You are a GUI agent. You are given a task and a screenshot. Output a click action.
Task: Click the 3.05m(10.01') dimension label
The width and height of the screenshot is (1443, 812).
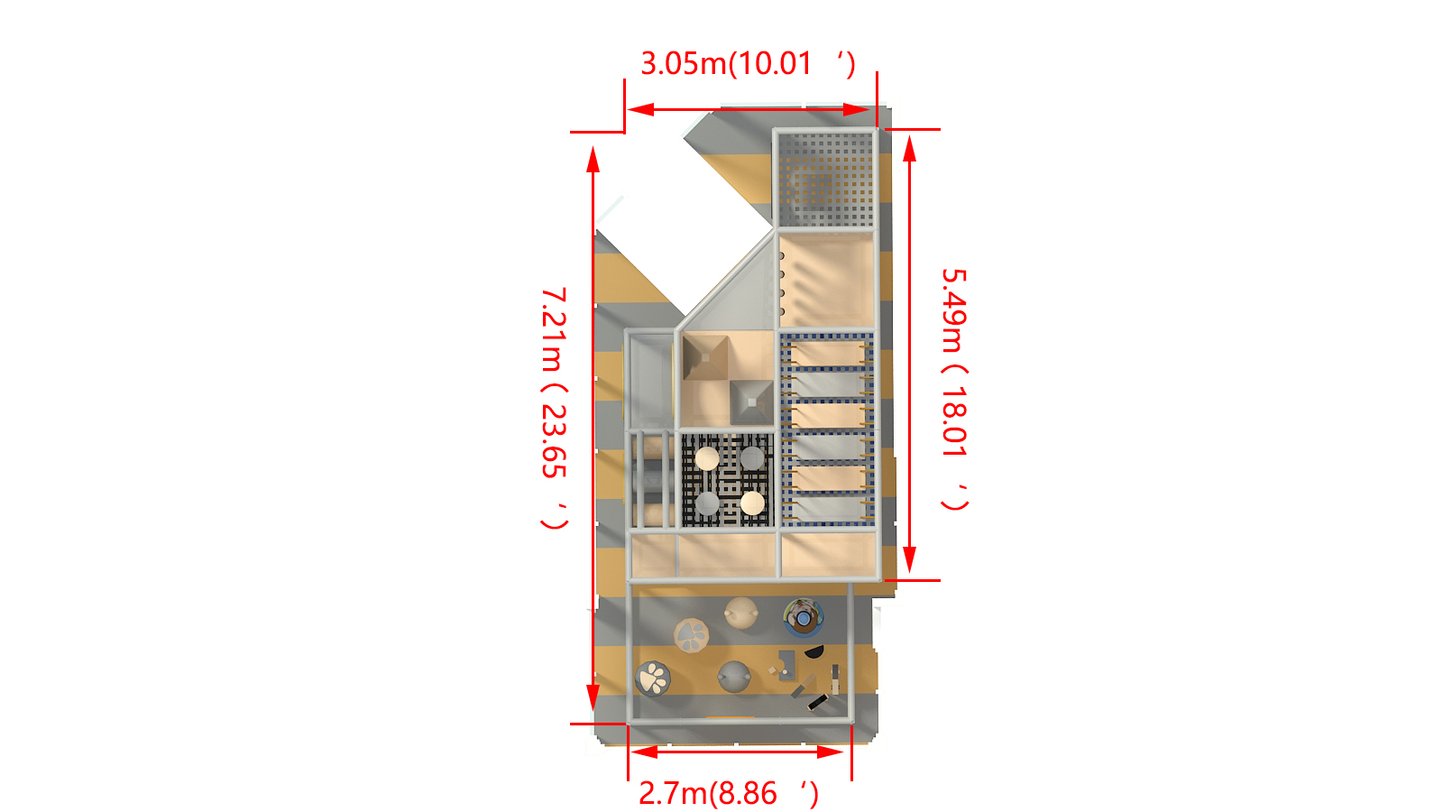pos(747,63)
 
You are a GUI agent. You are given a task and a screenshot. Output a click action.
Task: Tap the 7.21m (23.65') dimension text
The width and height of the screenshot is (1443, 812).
pos(555,408)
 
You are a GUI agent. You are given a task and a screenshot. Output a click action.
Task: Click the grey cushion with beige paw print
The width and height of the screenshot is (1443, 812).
pos(652,678)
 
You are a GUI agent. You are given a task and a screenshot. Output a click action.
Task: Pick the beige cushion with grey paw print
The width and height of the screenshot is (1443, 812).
pos(692,634)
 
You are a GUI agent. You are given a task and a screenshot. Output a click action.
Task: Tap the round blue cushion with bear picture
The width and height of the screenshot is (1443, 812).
pos(803,617)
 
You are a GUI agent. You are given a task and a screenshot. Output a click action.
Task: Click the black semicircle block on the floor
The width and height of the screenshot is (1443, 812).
pos(813,651)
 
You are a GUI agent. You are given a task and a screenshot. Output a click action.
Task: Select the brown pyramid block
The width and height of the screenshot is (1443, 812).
pos(705,358)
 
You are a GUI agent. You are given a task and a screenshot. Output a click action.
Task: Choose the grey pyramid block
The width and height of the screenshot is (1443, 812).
pos(751,401)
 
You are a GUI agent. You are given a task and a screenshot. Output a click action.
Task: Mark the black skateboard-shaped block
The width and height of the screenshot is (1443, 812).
pos(817,701)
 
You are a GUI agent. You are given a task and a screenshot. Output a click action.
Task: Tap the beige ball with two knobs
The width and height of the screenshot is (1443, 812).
pos(741,613)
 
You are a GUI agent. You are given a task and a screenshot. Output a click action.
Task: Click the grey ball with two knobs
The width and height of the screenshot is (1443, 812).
pos(734,675)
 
